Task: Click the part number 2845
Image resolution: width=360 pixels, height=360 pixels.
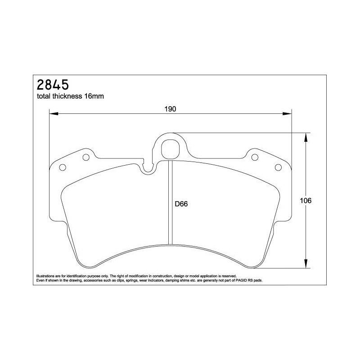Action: point(53,85)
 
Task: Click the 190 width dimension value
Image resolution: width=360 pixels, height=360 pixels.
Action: point(170,109)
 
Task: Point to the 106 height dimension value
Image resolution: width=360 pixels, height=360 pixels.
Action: point(306,201)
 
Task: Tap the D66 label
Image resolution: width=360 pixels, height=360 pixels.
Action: point(181,204)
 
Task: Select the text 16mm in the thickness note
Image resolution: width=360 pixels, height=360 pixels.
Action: point(94,96)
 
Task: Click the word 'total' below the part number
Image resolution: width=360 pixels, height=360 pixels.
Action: point(43,96)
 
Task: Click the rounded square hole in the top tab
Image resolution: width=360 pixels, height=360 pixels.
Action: point(170,149)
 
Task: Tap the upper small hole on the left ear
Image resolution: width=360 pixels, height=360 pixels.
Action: point(86,157)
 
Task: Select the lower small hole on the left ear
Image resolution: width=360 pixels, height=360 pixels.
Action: point(63,167)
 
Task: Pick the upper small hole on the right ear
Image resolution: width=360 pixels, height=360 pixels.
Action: point(255,157)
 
